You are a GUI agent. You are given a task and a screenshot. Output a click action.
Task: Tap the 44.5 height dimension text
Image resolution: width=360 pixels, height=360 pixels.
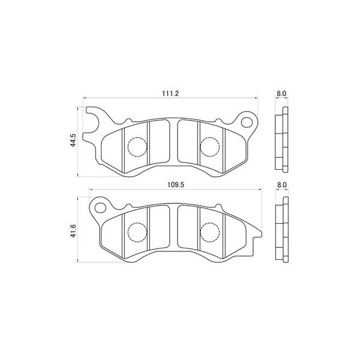(x=73, y=141)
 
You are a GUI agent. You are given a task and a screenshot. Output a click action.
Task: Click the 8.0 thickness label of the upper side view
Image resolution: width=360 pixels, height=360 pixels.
(x=281, y=94)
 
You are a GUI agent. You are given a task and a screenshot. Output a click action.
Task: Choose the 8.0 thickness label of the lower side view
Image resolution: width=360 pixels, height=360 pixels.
(x=281, y=185)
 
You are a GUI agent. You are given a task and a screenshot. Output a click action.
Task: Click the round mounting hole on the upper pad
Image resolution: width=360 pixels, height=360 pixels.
(x=247, y=124)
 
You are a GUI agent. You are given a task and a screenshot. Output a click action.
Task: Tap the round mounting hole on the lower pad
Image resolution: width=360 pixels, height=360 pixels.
(x=99, y=208)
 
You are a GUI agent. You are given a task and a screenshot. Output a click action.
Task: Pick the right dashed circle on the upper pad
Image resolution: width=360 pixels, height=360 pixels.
(x=209, y=146)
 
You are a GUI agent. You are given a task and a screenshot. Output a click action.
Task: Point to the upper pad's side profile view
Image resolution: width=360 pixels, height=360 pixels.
(x=281, y=141)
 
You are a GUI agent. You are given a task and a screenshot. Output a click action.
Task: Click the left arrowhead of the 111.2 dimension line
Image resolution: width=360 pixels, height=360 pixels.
(x=84, y=100)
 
